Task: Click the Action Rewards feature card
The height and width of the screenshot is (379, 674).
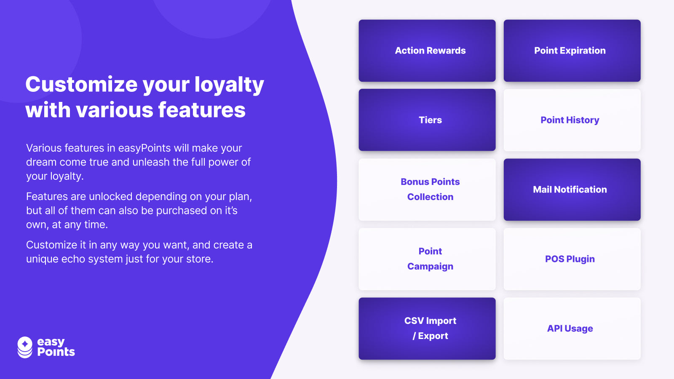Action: [427, 51]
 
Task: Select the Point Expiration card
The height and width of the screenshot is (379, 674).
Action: [572, 51]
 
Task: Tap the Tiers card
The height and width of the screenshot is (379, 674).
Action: [427, 120]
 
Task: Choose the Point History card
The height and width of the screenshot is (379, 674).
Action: [572, 120]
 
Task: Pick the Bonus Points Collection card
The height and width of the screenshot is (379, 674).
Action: [427, 189]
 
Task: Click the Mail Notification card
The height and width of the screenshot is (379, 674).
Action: [572, 189]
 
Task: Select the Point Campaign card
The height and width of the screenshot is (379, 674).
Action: [427, 259]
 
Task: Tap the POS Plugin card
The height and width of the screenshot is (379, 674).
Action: [572, 259]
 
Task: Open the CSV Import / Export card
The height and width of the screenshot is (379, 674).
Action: [427, 328]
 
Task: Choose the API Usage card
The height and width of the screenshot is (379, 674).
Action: [572, 328]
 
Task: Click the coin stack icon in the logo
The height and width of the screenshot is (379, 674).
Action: [25, 347]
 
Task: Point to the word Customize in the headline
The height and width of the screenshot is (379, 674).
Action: [82, 84]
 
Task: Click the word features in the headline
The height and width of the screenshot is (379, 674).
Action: [202, 110]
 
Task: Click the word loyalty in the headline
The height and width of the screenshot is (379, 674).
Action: [229, 85]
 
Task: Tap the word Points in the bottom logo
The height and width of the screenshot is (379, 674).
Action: [56, 352]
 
